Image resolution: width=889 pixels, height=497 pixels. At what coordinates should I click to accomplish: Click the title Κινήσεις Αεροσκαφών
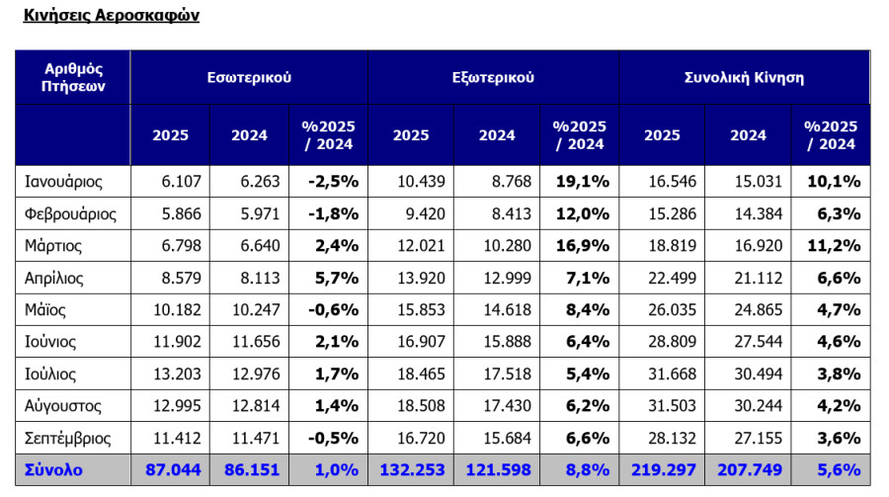(x=111, y=15)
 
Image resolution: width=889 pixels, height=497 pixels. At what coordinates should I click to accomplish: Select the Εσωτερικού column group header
(x=249, y=77)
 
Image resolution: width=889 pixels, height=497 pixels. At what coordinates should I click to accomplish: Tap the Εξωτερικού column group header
(x=493, y=77)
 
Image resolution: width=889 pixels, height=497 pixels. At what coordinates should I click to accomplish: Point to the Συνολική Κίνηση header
(x=744, y=77)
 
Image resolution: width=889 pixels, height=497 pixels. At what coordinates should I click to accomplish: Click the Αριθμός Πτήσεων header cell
(x=73, y=77)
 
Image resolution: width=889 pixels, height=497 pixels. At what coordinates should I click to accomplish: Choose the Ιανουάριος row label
(x=63, y=182)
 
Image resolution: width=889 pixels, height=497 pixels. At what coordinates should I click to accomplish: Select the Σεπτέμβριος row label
(x=67, y=438)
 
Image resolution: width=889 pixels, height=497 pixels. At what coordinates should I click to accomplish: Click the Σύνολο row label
(x=53, y=469)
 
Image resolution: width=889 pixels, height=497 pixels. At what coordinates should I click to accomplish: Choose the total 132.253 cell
(x=412, y=469)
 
